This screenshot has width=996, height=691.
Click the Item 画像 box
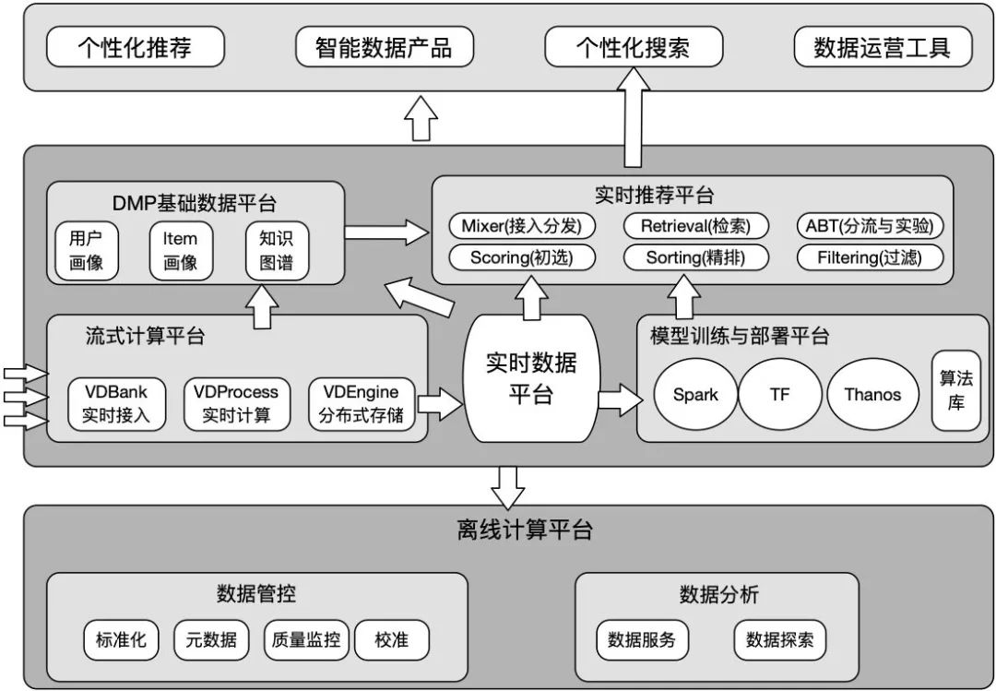(181, 250)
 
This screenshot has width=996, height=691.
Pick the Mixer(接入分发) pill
(522, 226)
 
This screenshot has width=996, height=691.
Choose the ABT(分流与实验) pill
(869, 226)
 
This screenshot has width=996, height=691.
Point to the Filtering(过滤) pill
(869, 257)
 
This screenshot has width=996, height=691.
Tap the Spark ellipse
(695, 395)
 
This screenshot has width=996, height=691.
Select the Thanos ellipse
(871, 395)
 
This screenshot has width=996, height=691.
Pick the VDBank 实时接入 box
(114, 403)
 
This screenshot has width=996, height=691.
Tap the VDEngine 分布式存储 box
(361, 403)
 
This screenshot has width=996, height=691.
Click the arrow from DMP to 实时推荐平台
(387, 231)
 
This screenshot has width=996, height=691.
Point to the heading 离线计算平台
(524, 530)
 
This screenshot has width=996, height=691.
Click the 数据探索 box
(780, 639)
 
